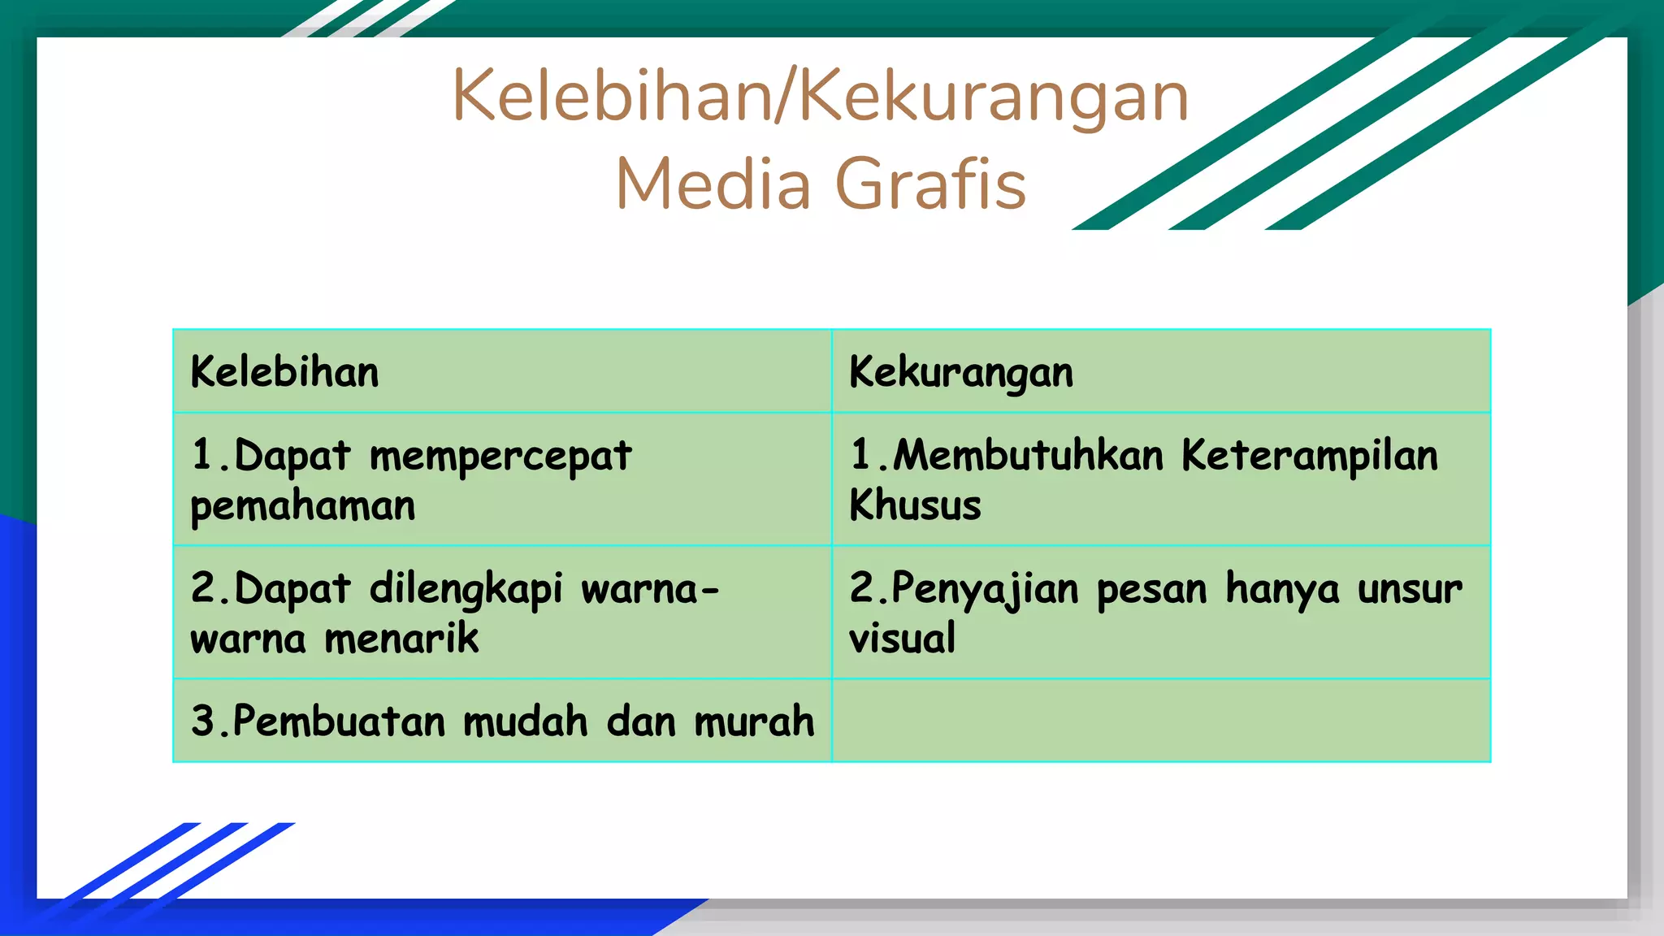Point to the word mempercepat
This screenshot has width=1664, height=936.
(x=500, y=457)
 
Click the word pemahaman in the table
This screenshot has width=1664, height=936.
(x=303, y=506)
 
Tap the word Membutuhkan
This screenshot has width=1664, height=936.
(x=1029, y=455)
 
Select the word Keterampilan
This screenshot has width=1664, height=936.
(x=1309, y=456)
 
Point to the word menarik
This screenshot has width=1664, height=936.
(x=401, y=638)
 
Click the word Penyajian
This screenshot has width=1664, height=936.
(x=986, y=589)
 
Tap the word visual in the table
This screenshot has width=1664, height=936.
(x=902, y=638)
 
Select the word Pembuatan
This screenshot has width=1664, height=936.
(x=339, y=721)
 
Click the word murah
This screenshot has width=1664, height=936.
(x=754, y=721)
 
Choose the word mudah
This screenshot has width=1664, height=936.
(x=525, y=721)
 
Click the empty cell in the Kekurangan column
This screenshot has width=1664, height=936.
(x=1161, y=721)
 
